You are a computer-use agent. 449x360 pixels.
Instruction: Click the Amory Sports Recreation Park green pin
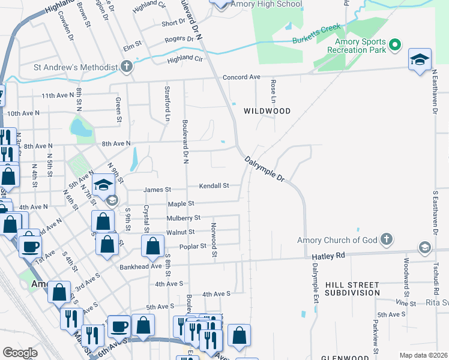point(395,44)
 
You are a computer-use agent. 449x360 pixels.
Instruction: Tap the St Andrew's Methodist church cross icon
point(127,66)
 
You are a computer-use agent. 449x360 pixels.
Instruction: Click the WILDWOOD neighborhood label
point(267,111)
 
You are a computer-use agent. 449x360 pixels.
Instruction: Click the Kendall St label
point(214,185)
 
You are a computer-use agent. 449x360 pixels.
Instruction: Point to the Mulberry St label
point(184,218)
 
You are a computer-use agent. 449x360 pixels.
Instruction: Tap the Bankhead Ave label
point(141,266)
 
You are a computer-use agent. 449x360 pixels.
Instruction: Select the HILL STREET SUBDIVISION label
point(352,289)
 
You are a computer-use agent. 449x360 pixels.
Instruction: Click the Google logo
point(20,353)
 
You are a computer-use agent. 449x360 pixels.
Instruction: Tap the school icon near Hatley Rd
point(424,248)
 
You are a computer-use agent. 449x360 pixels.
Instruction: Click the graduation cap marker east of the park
point(420,59)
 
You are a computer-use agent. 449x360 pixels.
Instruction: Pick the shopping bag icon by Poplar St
point(152,245)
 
